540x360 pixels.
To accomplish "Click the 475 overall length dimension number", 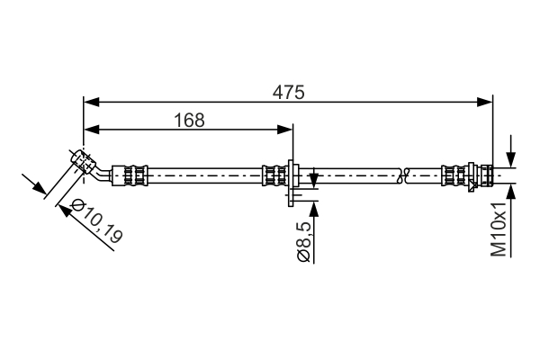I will pyautogui.click(x=290, y=92).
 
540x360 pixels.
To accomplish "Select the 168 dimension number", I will pyautogui.click(x=187, y=120).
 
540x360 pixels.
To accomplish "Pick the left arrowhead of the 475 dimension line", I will pyautogui.click(x=89, y=102).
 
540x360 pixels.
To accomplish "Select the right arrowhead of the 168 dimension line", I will pyautogui.click(x=287, y=130).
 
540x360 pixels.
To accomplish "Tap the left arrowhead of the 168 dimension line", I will pyautogui.click(x=89, y=130).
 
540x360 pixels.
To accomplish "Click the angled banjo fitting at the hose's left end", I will pyautogui.click(x=84, y=161).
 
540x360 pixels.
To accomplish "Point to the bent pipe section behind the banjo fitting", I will pyautogui.click(x=105, y=170).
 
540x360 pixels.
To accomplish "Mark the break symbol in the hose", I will pyautogui.click(x=405, y=174).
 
